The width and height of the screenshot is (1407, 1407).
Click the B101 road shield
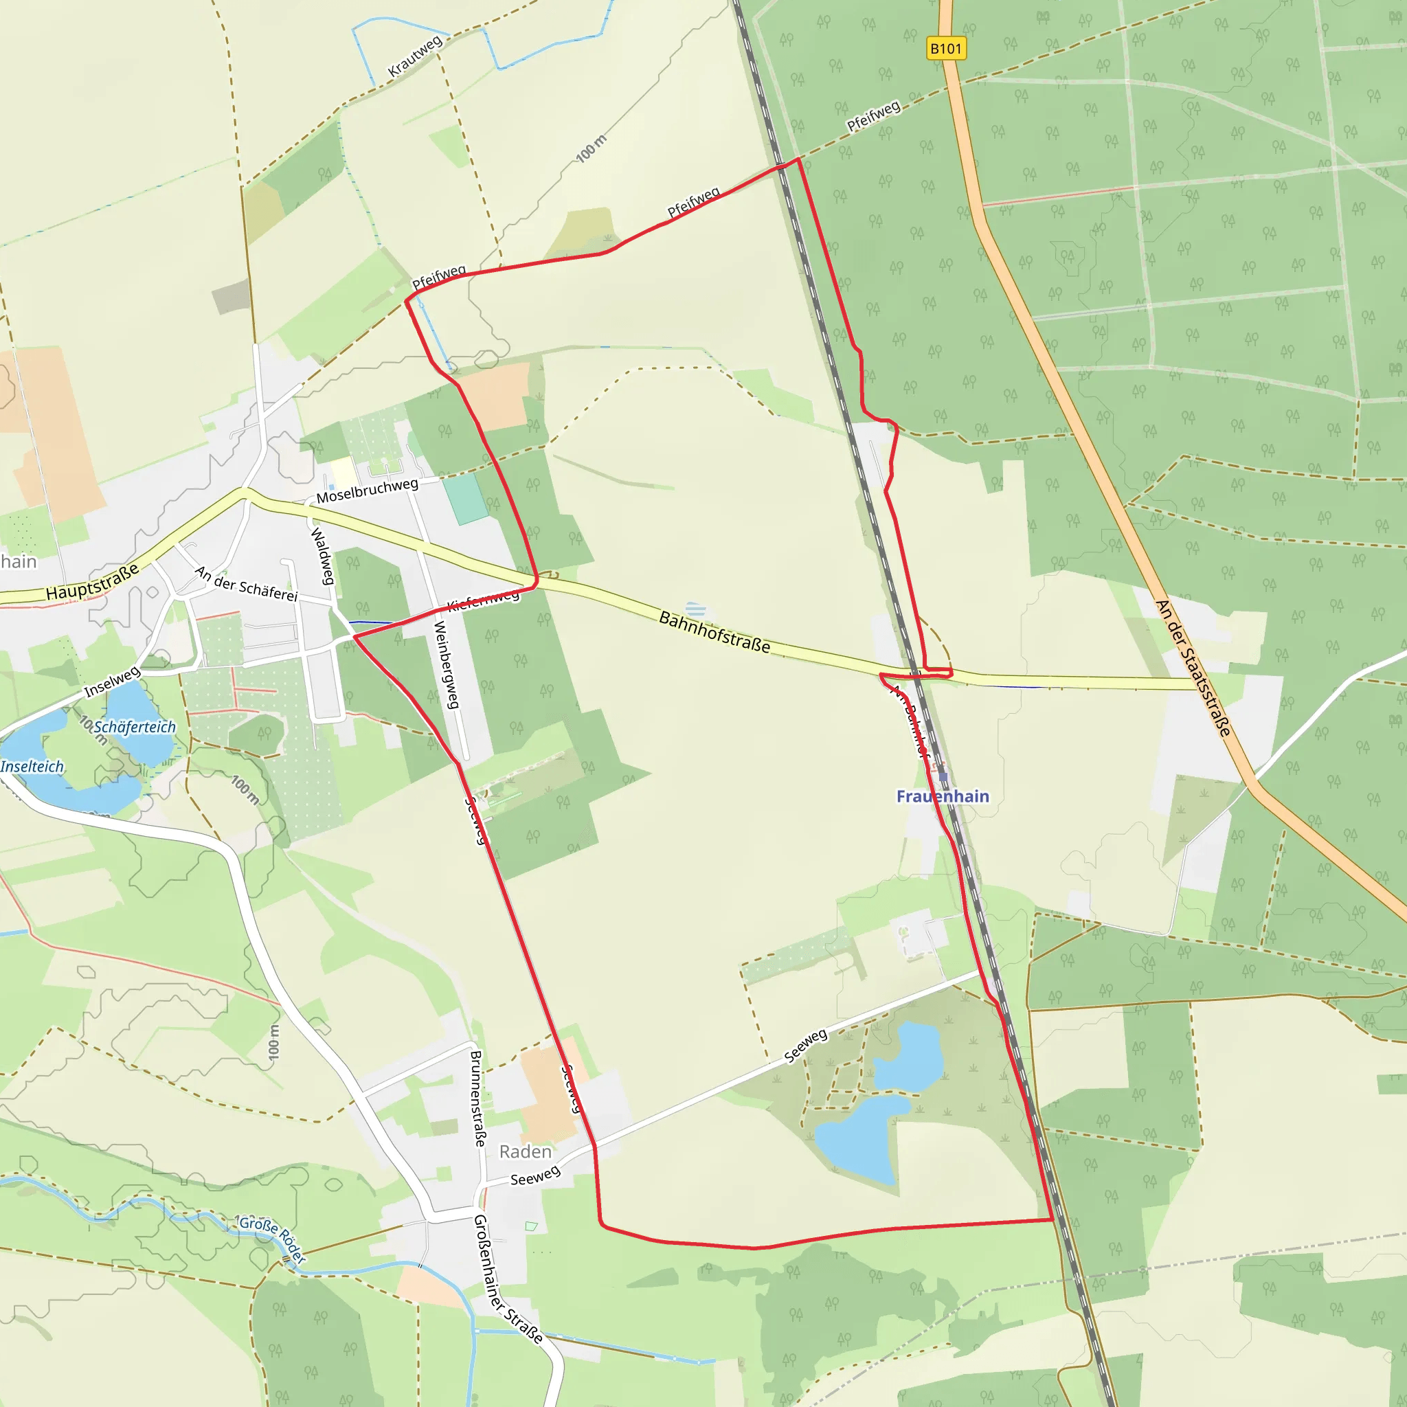tap(946, 49)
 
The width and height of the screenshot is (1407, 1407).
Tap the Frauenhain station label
tap(943, 796)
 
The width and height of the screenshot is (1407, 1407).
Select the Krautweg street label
tap(415, 56)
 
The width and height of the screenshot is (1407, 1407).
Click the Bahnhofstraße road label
tap(714, 631)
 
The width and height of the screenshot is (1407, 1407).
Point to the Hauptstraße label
tap(93, 582)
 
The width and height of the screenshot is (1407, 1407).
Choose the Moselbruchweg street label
tap(367, 491)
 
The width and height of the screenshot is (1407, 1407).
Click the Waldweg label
tap(323, 556)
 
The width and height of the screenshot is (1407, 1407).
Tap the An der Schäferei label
tap(246, 584)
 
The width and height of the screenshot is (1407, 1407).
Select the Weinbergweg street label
tap(447, 664)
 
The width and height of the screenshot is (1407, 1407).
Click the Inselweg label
tap(112, 681)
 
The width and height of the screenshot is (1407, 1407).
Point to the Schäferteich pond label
tap(135, 727)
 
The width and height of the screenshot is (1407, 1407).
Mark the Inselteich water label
tap(32, 766)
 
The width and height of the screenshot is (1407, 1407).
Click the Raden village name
tap(525, 1151)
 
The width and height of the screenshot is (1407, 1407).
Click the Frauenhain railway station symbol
tap(943, 777)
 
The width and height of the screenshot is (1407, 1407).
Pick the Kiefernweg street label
tap(484, 600)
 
